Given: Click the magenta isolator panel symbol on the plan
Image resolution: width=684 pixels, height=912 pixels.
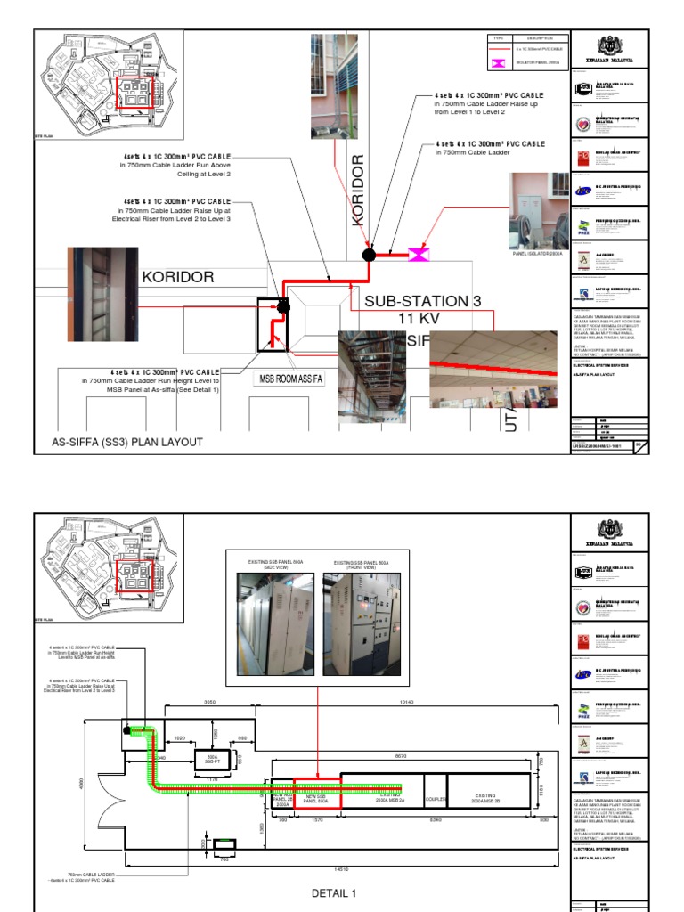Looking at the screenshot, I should (417, 256).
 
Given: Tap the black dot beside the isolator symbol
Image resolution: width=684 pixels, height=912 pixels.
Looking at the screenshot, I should (368, 256).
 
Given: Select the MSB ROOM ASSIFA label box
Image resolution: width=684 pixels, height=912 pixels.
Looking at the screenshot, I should (289, 380).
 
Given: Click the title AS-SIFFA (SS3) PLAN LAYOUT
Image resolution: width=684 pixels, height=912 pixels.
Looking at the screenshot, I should (127, 442).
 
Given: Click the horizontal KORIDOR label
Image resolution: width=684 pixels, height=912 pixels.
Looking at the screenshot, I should (177, 277).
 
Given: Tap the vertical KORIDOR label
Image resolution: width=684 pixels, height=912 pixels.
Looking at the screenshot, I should (359, 190).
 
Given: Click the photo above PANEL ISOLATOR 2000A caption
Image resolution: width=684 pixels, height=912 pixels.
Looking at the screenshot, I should (539, 210).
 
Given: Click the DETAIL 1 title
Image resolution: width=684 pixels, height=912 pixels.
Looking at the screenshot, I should (334, 892).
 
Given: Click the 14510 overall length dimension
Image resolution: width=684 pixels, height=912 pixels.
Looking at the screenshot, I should (338, 867).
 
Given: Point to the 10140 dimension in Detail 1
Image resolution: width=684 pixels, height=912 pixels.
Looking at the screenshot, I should (408, 703).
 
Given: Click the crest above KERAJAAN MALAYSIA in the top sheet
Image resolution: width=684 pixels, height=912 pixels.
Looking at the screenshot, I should (608, 42).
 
